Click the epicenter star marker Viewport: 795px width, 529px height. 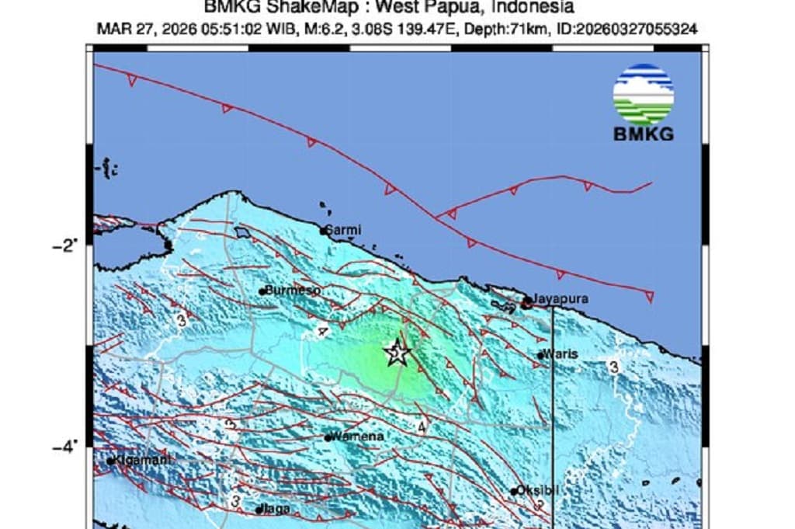[397, 353]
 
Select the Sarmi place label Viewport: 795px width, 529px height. [342, 230]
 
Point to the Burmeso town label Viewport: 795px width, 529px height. [293, 290]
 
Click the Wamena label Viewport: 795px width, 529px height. [358, 437]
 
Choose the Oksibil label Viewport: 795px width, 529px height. [539, 490]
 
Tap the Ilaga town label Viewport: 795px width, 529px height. [277, 509]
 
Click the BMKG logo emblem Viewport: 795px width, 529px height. [644, 95]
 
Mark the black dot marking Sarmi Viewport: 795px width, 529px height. [324, 231]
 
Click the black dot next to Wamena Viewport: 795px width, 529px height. [328, 437]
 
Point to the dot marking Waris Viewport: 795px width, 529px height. [540, 355]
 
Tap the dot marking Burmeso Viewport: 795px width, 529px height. [262, 291]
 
